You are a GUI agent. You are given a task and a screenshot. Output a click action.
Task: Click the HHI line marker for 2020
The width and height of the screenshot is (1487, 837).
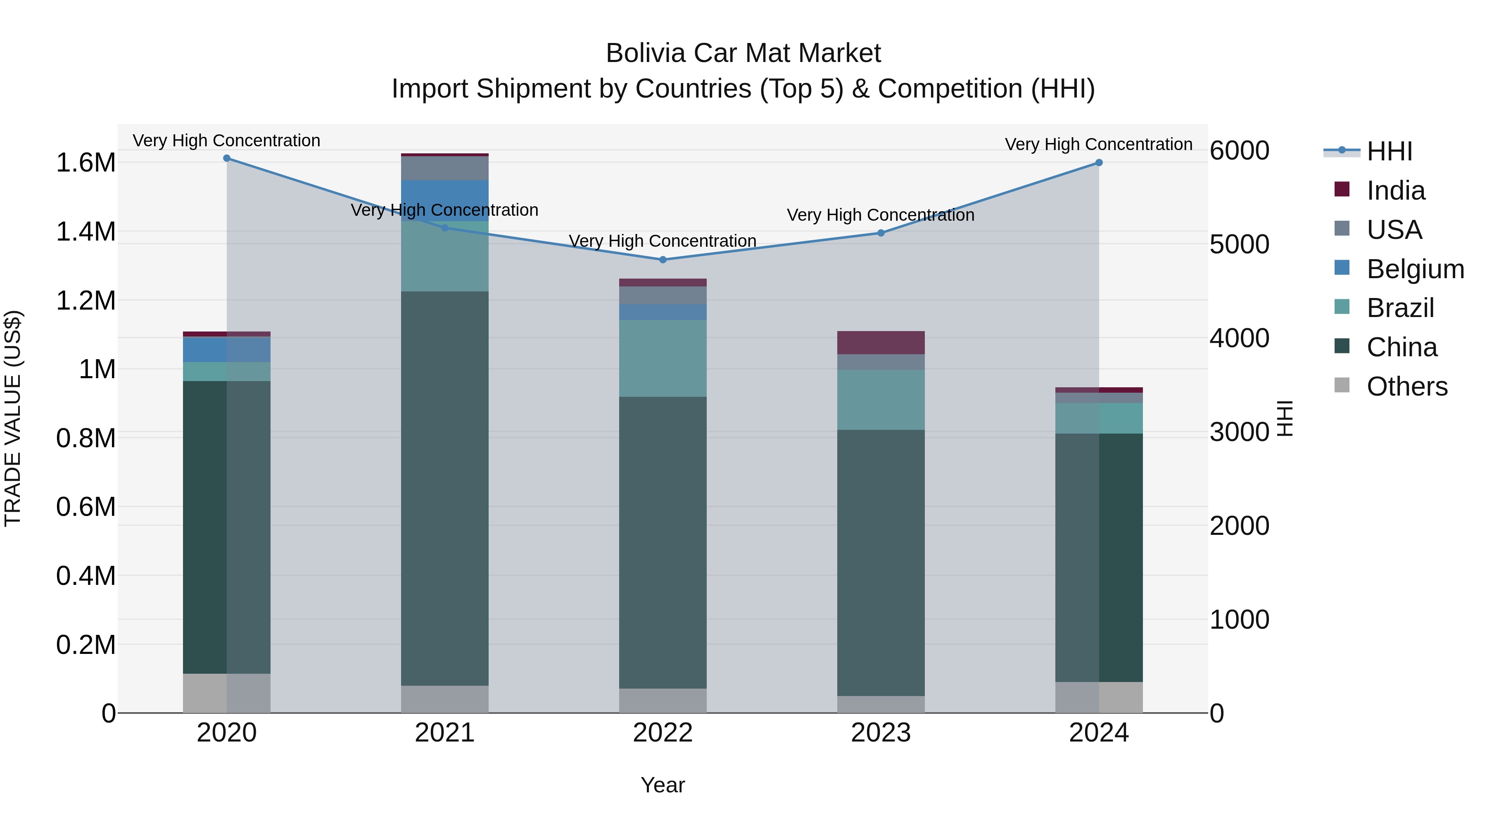point(227,158)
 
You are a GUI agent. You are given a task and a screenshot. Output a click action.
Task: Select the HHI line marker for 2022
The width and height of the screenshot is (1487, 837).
point(663,260)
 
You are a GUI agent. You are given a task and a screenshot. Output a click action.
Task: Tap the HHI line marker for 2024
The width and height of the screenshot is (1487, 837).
point(1099,163)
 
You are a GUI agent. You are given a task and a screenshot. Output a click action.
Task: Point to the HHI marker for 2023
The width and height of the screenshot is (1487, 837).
point(881,234)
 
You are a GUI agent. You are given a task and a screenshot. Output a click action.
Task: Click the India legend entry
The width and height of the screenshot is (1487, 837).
point(1395,191)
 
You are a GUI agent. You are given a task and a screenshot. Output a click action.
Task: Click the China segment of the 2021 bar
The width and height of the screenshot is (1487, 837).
point(444,488)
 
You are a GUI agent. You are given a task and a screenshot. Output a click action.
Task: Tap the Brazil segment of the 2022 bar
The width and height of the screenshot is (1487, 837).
point(663,358)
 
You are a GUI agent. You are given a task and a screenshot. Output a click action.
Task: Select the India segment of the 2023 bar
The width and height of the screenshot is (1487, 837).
point(881,343)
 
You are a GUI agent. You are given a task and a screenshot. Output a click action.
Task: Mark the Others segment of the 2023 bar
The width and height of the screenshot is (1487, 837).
point(881,704)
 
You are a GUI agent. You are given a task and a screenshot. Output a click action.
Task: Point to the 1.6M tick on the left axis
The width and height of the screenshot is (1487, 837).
point(86,163)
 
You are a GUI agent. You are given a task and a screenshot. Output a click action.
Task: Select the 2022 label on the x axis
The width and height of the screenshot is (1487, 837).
point(663,733)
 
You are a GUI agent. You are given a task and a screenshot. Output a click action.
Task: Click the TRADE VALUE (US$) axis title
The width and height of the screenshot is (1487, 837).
point(13,418)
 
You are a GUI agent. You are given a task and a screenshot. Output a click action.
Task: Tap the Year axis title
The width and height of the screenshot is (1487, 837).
point(663,785)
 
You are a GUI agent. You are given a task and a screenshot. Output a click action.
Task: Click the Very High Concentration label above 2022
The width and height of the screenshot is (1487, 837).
point(663,241)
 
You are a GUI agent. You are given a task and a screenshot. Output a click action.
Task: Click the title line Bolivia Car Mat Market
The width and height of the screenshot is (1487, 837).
point(743,53)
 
